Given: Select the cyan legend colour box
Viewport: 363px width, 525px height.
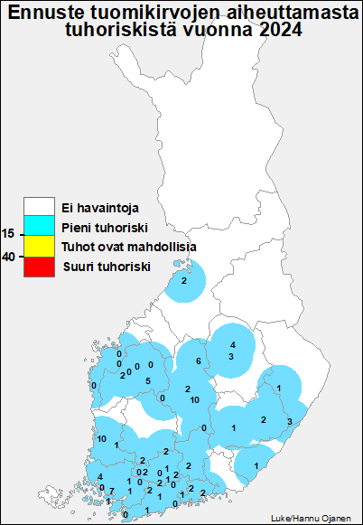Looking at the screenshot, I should click(x=40, y=228).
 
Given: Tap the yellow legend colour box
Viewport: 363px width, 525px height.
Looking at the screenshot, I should click(x=40, y=247).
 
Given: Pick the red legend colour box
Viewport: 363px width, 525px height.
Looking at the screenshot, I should click(x=40, y=266).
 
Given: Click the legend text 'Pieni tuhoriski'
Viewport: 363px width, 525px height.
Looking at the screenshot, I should click(x=104, y=228).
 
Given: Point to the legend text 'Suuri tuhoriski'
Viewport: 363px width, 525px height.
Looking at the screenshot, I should click(x=106, y=267).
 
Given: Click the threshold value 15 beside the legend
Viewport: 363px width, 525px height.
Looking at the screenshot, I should click(x=8, y=234).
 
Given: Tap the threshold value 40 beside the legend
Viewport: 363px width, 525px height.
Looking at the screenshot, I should click(x=8, y=257).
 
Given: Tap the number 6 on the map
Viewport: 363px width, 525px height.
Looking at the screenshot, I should click(x=198, y=361).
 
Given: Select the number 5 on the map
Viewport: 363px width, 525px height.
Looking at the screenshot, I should click(x=148, y=381).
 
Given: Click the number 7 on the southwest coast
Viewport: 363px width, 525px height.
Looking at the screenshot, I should click(x=111, y=491).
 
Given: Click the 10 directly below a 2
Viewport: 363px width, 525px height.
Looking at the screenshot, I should click(x=194, y=399).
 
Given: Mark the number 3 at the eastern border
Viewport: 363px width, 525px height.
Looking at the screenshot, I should click(x=289, y=422).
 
